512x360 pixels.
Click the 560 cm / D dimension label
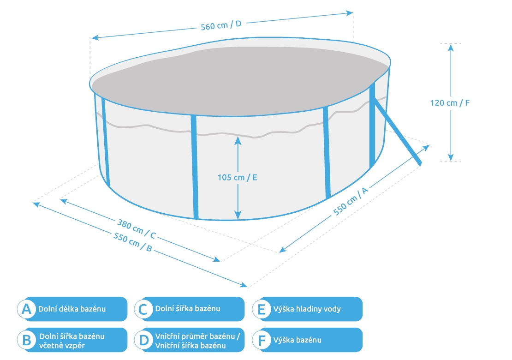221,25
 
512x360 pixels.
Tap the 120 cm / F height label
450,103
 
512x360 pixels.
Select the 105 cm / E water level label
237,177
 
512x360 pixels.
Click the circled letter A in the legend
27,309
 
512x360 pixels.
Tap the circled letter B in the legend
27,340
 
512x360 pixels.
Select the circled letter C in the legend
144,309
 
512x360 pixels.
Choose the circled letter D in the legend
144,340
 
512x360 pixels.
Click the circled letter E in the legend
262,309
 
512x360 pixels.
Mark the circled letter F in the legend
262,340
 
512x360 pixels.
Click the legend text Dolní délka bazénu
72,309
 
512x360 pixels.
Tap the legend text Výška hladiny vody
307,309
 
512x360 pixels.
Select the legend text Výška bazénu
297,340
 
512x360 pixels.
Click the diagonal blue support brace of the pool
398,132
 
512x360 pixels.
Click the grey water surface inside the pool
231,78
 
